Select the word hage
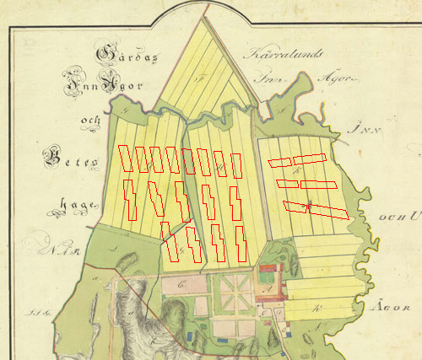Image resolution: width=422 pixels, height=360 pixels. (x=74, y=203)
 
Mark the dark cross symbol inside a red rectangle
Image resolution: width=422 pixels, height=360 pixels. (x=310, y=205)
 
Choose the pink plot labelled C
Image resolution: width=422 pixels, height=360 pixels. (x=182, y=286)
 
